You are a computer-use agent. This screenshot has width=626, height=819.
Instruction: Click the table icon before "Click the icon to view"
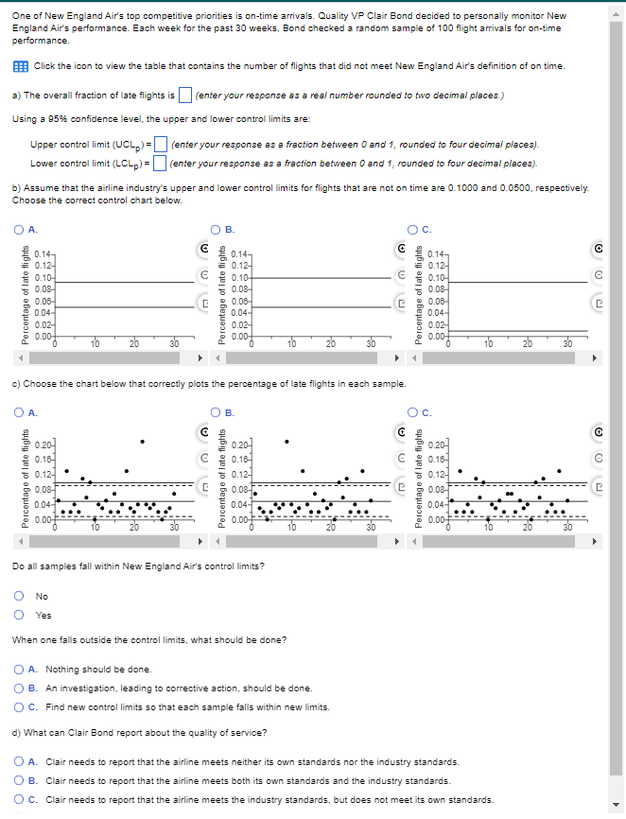coord(21,65)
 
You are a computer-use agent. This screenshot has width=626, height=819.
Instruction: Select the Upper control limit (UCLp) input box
coord(161,145)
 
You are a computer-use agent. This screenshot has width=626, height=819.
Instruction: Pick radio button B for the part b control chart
coord(216,227)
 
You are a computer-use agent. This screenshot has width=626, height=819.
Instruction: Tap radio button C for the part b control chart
coord(413,227)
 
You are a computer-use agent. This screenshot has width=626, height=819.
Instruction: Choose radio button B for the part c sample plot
coord(216,410)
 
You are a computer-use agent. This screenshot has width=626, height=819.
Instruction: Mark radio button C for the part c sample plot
coord(413,410)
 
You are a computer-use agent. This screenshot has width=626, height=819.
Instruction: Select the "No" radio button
coord(20,596)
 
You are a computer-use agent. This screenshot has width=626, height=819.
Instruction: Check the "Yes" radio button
coord(20,614)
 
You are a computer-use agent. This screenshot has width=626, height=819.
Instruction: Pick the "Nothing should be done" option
coord(20,670)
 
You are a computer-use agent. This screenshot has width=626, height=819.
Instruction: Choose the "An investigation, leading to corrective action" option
coord(20,688)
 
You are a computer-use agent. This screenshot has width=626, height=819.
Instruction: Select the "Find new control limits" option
coord(20,706)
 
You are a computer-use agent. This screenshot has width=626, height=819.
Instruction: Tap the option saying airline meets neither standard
coord(20,761)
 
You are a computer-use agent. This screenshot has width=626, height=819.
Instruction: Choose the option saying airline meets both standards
coord(20,780)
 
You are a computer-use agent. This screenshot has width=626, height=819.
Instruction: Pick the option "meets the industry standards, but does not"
coord(20,799)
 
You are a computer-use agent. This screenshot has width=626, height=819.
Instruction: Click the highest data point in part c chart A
coord(143,441)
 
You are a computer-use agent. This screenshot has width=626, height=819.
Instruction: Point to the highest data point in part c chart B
coord(287,441)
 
